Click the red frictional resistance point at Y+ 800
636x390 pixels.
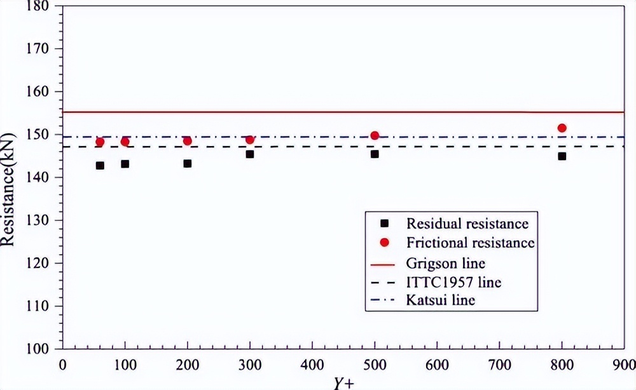pos(562,128)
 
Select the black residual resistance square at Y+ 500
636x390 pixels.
pos(375,154)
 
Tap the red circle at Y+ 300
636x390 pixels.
pos(250,140)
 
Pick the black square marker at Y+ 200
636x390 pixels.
pos(188,163)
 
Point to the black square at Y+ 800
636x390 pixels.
pos(562,156)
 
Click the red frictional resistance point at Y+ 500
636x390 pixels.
pos(375,135)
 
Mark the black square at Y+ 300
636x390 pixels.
pos(250,154)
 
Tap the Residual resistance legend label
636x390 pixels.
pos(467,224)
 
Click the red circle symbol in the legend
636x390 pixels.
pos(384,243)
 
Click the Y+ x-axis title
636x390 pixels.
pos(342,382)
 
